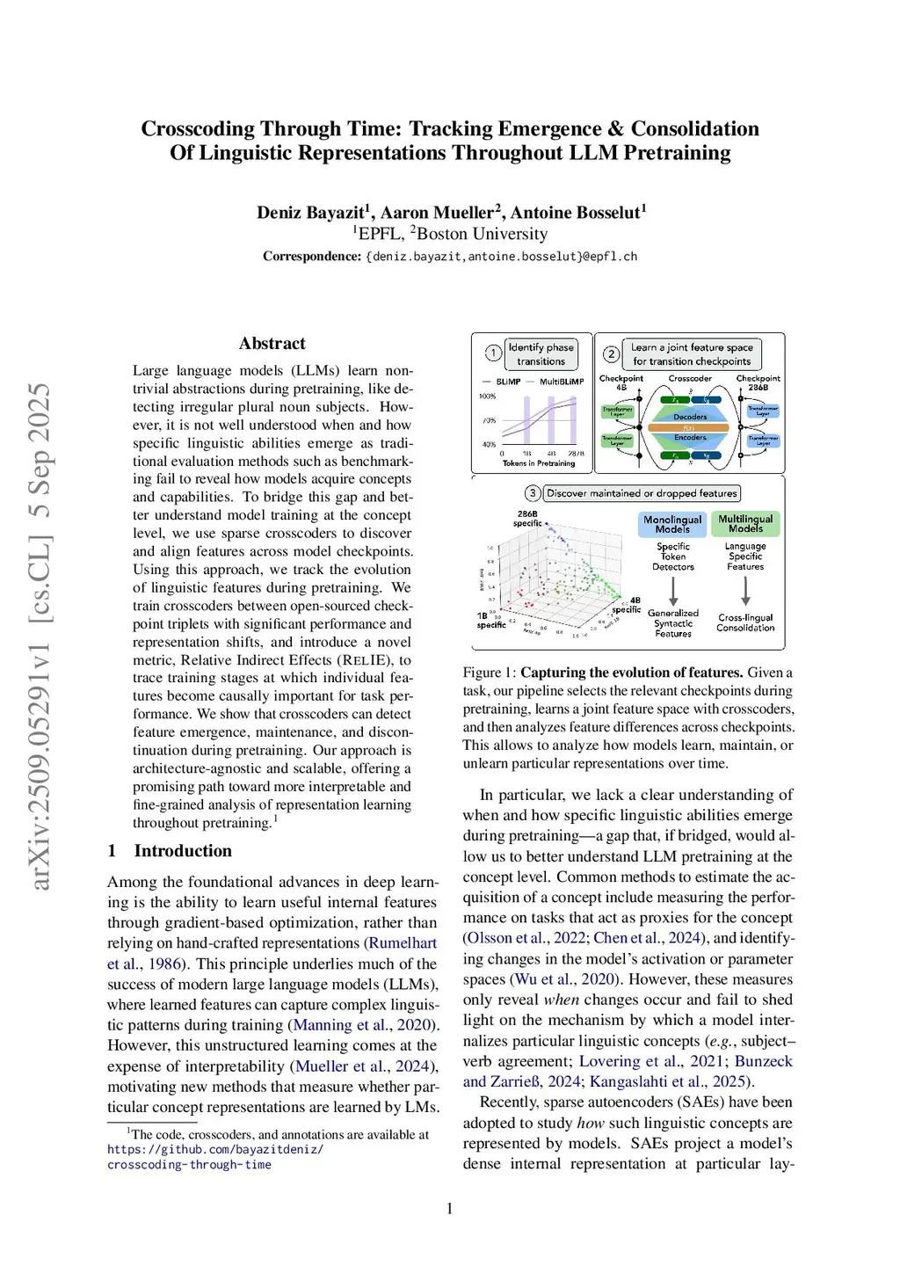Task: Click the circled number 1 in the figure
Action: coord(493,353)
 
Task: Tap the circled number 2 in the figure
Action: coord(611,353)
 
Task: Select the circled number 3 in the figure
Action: coord(533,493)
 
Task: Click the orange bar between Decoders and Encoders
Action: coord(689,427)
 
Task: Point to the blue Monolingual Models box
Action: coord(672,524)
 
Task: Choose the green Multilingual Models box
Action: coord(745,524)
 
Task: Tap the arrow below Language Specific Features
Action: coord(745,590)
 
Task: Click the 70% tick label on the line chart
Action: coord(490,420)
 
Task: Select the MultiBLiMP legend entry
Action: coord(561,382)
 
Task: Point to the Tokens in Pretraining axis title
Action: coord(539,463)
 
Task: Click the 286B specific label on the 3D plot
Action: coord(527,519)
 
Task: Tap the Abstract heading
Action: coord(272,344)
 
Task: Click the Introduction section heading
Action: coord(183,851)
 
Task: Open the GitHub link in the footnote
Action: coord(215,1157)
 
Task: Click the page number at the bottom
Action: coord(450,1209)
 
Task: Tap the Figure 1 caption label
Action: coord(490,673)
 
